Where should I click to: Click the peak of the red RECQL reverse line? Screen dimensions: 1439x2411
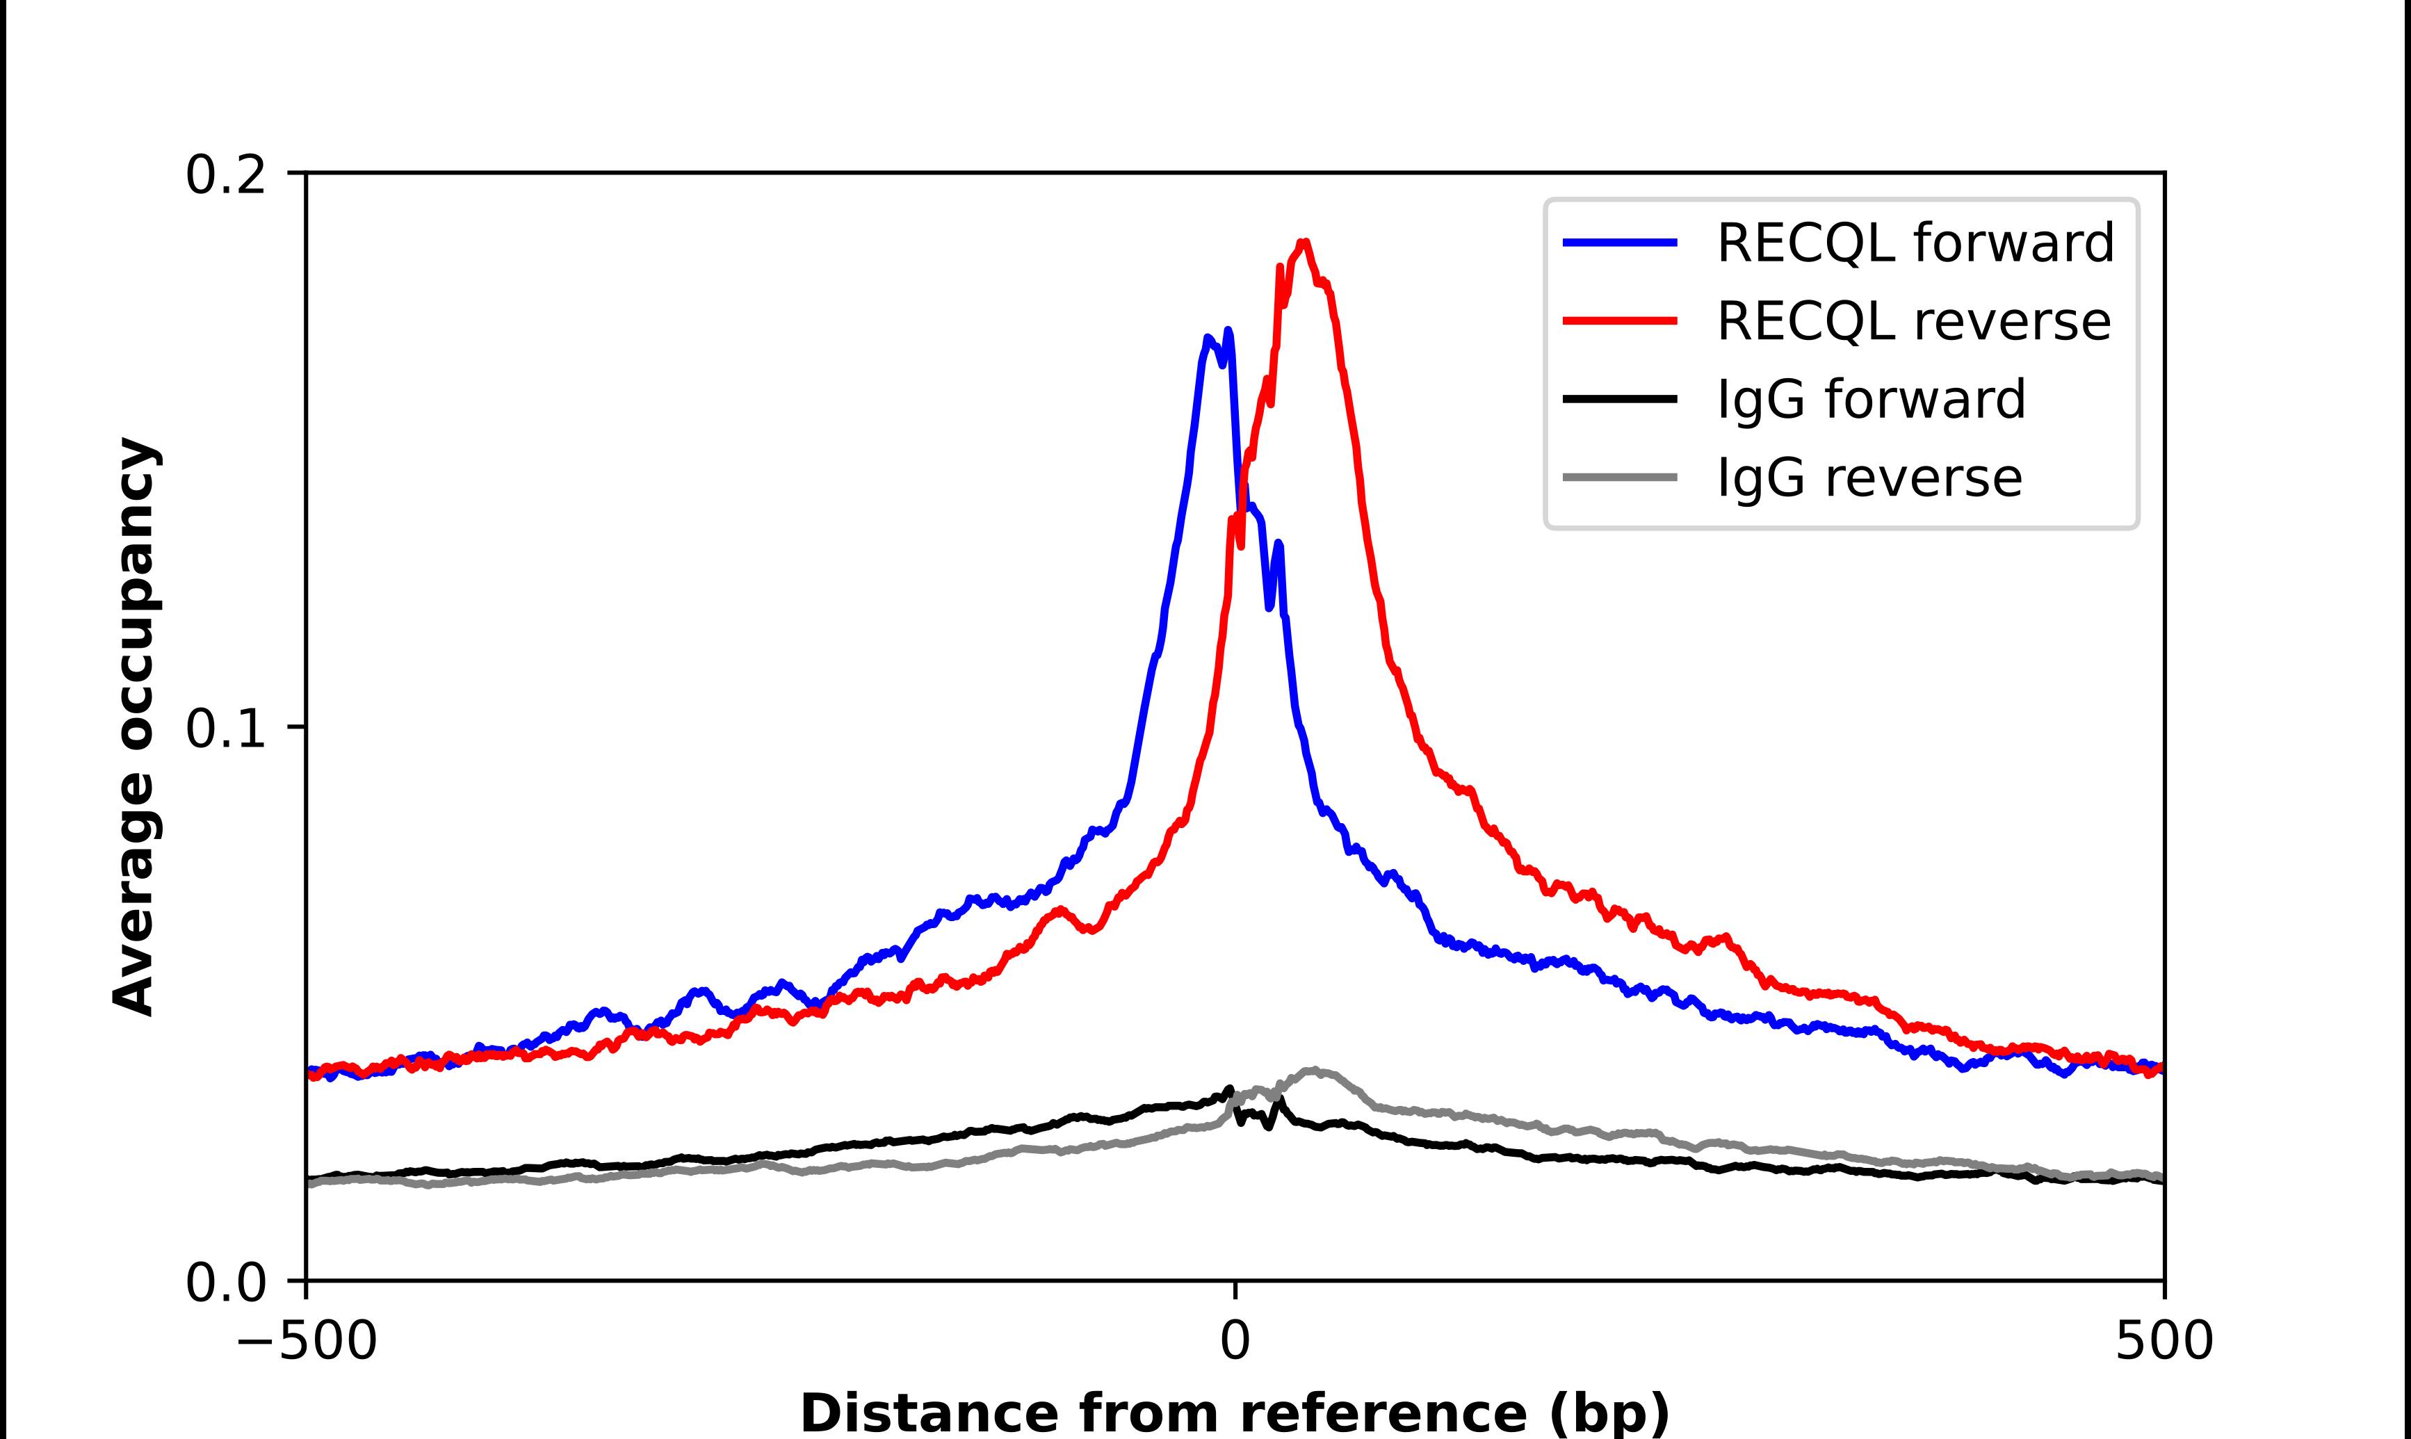click(1305, 243)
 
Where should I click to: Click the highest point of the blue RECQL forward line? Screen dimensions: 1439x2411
click(1228, 331)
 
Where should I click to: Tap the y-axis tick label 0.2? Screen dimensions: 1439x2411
click(225, 175)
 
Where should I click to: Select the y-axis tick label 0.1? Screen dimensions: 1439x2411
click(225, 729)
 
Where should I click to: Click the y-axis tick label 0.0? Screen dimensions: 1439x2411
click(225, 1283)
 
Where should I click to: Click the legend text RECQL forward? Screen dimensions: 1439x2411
click(1915, 243)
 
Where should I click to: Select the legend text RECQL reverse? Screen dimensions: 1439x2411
click(1913, 321)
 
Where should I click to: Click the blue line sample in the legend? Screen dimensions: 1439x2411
click(1619, 243)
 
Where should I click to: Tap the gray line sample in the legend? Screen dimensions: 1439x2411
click(1619, 477)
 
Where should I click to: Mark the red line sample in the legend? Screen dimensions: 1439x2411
click(1619, 321)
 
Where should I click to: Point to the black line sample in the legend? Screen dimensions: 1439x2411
click(1619, 398)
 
